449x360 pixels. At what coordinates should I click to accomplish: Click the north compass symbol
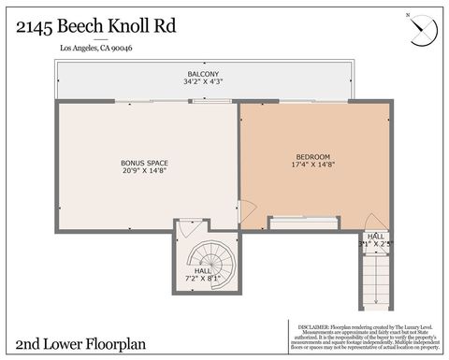(423, 30)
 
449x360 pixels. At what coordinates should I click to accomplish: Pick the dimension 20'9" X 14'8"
(143, 171)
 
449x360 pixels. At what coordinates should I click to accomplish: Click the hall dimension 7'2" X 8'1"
(203, 278)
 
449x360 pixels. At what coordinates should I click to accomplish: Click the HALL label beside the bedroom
(375, 236)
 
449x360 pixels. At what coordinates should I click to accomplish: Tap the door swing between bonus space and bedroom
(246, 210)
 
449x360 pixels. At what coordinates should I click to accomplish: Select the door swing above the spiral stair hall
(188, 227)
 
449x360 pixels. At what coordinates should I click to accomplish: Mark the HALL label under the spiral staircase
(203, 269)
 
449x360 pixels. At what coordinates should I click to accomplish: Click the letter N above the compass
(407, 16)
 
